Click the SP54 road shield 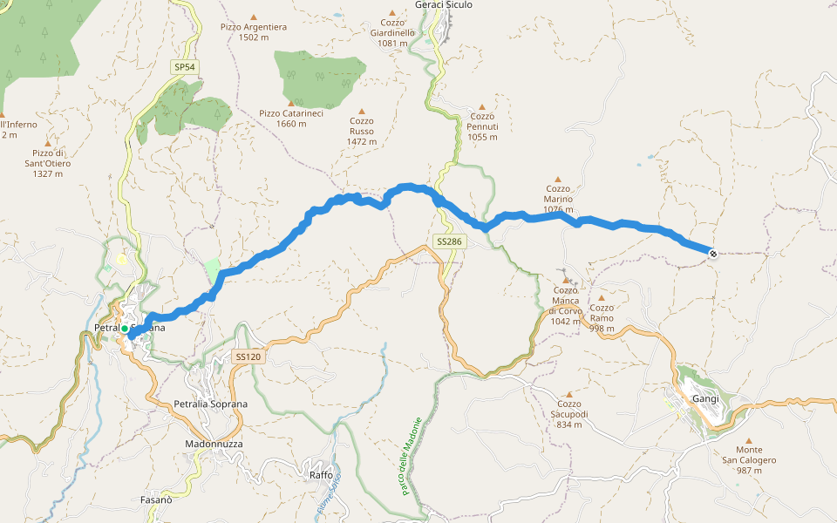pyautogui.click(x=183, y=67)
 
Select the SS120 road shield pyautogui.click(x=248, y=357)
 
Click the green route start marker pyautogui.click(x=125, y=329)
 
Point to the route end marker pyautogui.click(x=713, y=254)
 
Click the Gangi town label pyautogui.click(x=704, y=398)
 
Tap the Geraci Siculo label pyautogui.click(x=444, y=5)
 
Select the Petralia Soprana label pyautogui.click(x=211, y=404)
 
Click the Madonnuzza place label pyautogui.click(x=214, y=444)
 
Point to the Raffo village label pyautogui.click(x=321, y=475)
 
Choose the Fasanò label pyautogui.click(x=156, y=500)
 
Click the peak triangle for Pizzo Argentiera pyautogui.click(x=254, y=17)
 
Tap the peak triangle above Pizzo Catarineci pyautogui.click(x=290, y=103)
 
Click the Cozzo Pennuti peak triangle pyautogui.click(x=481, y=106)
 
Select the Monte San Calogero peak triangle pyautogui.click(x=748, y=441)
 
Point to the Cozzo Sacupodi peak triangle pyautogui.click(x=568, y=394)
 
